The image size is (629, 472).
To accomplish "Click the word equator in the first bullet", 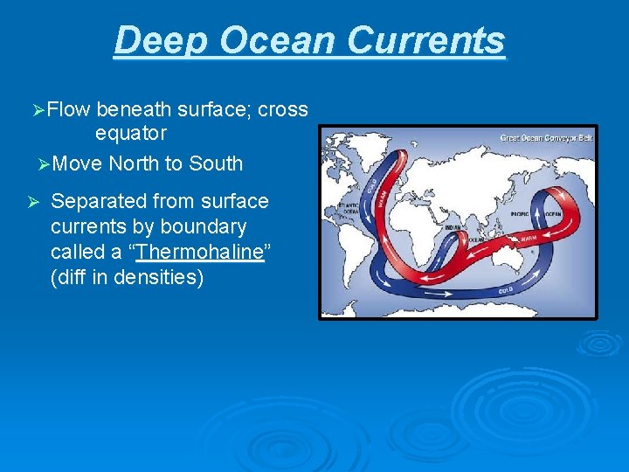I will click(130, 134).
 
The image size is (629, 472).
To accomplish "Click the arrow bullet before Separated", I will click(31, 202).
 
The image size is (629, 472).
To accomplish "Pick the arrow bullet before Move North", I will click(45, 163).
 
